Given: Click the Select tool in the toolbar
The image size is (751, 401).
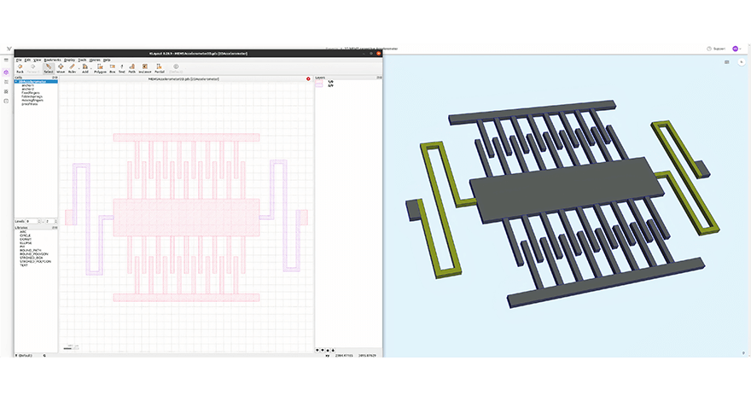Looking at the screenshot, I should (48, 69).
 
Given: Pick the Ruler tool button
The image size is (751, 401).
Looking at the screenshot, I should (72, 69).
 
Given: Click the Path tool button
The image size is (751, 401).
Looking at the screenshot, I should (132, 69).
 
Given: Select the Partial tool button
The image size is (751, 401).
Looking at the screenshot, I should (160, 69).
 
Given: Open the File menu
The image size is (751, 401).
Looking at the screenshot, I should (18, 60).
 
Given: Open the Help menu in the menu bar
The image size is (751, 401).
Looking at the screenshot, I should (107, 60).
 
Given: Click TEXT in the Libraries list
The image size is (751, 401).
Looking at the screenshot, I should (24, 265).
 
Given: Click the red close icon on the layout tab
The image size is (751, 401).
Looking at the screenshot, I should (308, 78).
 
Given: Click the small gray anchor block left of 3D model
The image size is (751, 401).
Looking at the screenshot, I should (413, 207).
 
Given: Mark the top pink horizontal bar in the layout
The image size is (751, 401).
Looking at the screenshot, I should (186, 137).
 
